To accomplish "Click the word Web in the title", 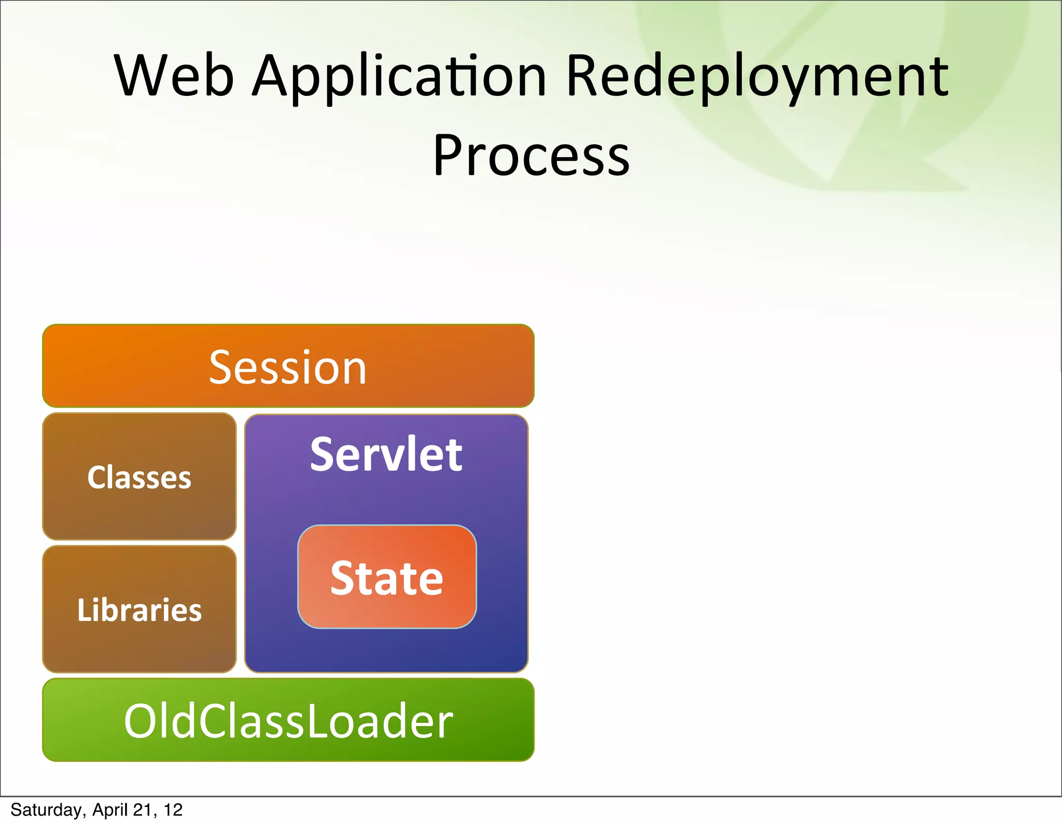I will [174, 76].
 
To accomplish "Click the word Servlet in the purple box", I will [386, 455].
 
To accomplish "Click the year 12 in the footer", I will [173, 810].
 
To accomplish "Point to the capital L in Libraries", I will [83, 610].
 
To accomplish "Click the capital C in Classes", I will [97, 478].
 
